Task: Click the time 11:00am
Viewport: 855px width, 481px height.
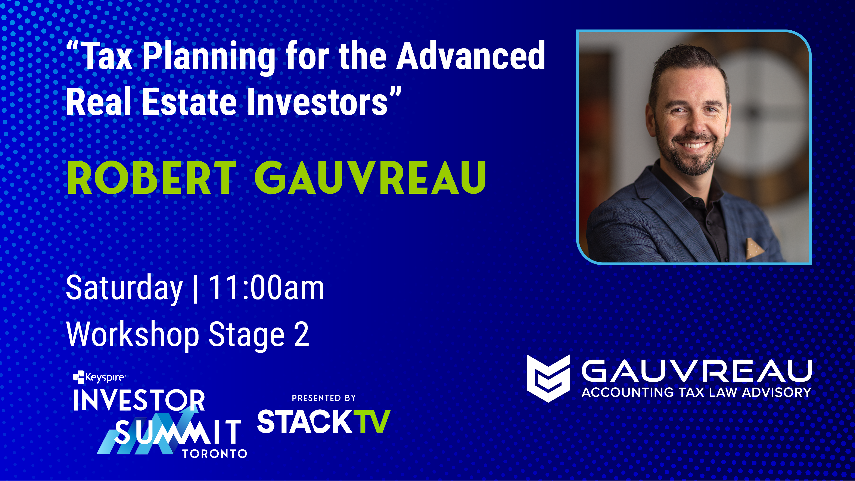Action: coord(266,288)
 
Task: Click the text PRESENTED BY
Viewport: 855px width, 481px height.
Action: coord(324,398)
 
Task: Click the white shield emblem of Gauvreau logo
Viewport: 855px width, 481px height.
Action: coord(548,378)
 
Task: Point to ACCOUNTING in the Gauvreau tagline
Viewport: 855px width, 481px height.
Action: coord(627,392)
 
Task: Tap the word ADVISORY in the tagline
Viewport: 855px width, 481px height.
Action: coord(777,392)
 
